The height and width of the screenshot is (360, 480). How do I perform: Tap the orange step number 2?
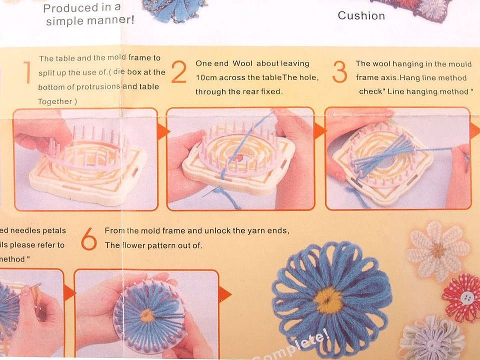point(178,73)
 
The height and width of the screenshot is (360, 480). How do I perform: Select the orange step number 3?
point(339,73)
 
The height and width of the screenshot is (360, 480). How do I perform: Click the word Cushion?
point(361,15)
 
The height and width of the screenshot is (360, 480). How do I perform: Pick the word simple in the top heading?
point(65,21)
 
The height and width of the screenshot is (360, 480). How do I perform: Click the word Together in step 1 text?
point(55,101)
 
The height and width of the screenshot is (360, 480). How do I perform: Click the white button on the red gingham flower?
point(465,298)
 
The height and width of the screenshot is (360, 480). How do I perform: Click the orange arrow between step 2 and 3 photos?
point(319,131)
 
